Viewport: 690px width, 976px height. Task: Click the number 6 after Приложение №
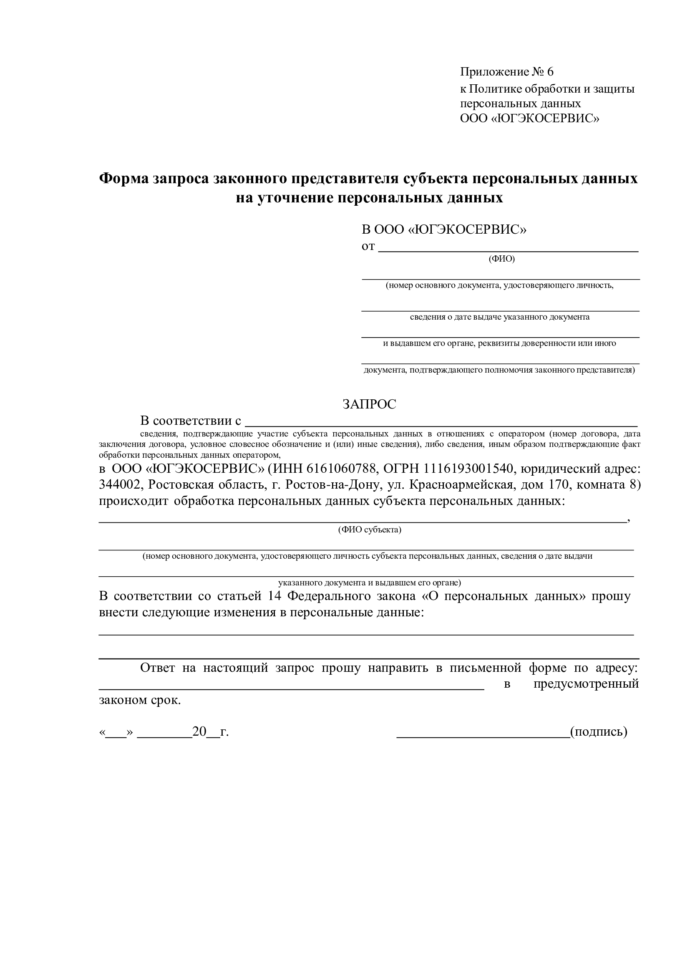[550, 72]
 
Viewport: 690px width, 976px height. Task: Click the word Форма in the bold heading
[123, 179]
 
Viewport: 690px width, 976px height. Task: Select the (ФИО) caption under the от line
[501, 259]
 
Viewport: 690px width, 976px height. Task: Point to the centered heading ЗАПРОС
[369, 404]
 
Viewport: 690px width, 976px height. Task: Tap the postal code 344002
[120, 485]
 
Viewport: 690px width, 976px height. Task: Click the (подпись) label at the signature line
[598, 731]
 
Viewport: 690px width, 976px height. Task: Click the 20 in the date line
[199, 731]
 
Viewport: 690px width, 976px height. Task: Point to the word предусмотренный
[586, 684]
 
